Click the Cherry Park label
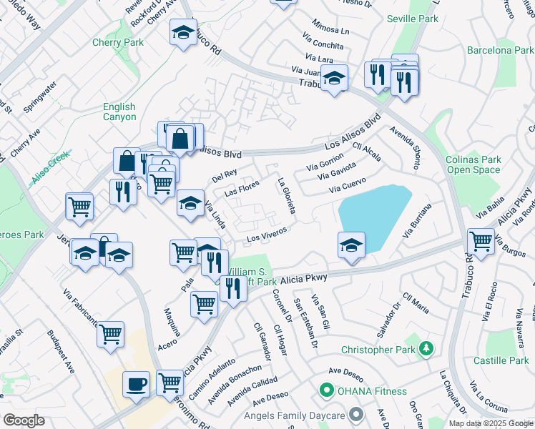pyautogui.click(x=118, y=42)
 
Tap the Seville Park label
pyautogui.click(x=412, y=19)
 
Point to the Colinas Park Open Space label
pyautogui.click(x=473, y=164)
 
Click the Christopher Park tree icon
pyautogui.click(x=427, y=349)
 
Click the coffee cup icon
pyautogui.click(x=136, y=384)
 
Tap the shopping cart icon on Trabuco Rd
pyautogui.click(x=480, y=241)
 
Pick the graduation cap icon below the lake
pyautogui.click(x=352, y=245)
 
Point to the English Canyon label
pyautogui.click(x=119, y=112)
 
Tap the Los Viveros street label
pyautogui.click(x=267, y=234)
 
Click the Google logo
pyautogui.click(x=24, y=420)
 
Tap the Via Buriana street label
pyautogui.click(x=418, y=221)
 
